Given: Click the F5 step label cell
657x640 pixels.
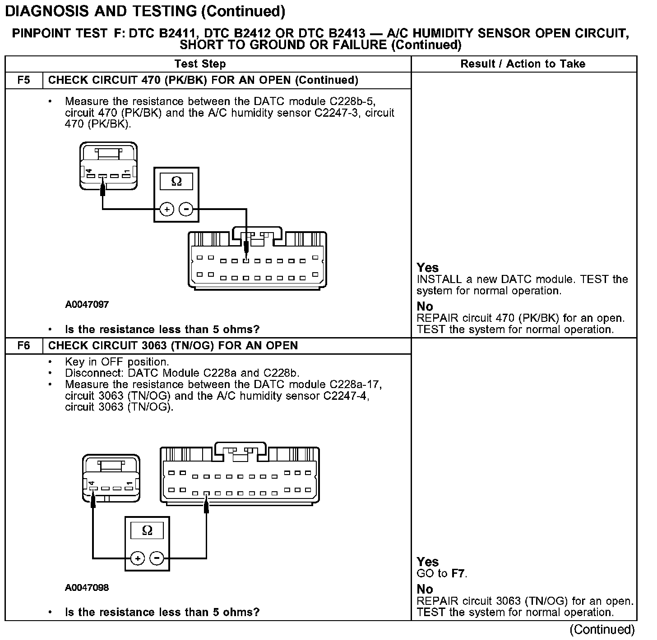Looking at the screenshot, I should (x=24, y=80).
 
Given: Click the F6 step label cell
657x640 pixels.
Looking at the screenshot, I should (x=24, y=346).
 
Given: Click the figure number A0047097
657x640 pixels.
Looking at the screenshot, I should (x=87, y=305).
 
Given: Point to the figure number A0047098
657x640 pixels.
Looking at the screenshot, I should (x=87, y=588).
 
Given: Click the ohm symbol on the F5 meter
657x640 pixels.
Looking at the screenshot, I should (x=176, y=182).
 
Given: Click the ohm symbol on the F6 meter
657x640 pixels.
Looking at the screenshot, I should (x=147, y=530).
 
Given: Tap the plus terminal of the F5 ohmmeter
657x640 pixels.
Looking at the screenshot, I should (x=167, y=210).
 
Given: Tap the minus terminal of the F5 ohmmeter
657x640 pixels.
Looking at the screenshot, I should (x=186, y=210).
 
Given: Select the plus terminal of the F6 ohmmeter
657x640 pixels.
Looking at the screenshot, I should (x=138, y=558).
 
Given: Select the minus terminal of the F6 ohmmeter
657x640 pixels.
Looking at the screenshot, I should (x=157, y=558).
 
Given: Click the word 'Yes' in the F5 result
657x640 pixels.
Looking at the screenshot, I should (x=427, y=268).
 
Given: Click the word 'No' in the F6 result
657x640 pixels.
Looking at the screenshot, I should (x=425, y=589).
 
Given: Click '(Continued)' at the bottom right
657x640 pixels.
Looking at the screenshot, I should (x=602, y=629).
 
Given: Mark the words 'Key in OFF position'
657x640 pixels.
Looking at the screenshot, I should (x=117, y=362).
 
